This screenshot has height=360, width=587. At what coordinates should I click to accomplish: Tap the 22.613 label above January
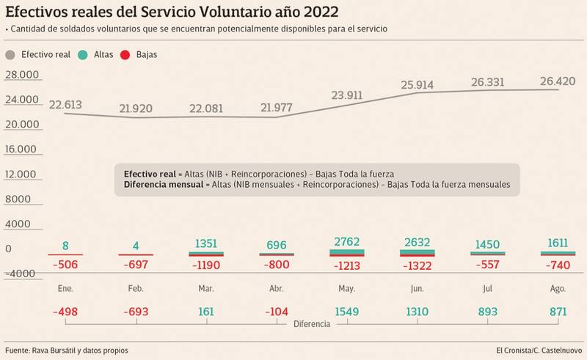(x=65, y=104)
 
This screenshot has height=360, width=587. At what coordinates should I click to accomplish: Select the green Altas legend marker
(x=84, y=54)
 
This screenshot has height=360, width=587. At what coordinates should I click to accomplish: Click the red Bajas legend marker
(x=127, y=54)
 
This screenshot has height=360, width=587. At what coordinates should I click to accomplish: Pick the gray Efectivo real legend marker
(x=11, y=54)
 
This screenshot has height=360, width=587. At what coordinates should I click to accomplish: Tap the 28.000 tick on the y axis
(x=21, y=75)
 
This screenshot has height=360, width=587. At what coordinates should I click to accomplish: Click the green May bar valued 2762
(x=347, y=251)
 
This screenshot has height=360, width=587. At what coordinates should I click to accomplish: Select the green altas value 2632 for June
(x=418, y=240)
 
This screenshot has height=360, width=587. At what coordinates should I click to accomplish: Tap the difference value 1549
(x=347, y=312)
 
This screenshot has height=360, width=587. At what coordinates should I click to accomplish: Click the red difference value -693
(x=136, y=312)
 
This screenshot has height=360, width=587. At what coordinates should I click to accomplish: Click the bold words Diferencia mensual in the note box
(x=160, y=185)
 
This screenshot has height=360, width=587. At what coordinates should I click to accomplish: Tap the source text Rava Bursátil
(x=61, y=348)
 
